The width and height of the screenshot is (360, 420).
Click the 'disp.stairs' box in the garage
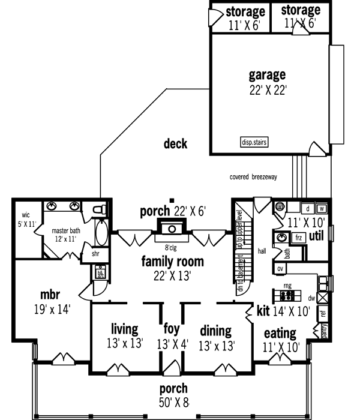coord(254,142)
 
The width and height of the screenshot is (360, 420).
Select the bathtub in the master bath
coord(101,233)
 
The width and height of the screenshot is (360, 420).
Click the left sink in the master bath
coord(53,207)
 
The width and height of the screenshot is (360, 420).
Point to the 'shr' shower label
coord(95,254)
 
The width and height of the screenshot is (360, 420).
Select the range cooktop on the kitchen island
coord(287,296)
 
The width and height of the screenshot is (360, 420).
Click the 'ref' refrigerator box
coord(322,313)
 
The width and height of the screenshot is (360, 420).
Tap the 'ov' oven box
coord(280,268)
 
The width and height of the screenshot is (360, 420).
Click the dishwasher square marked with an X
coord(322,296)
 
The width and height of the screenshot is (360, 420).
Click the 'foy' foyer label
coord(172,329)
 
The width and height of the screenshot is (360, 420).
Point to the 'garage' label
coord(267,76)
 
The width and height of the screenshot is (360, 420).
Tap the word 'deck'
coord(175,144)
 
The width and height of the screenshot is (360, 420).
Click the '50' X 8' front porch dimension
coord(173,401)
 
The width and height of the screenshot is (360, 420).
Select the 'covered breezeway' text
coord(253,177)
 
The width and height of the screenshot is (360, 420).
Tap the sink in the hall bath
coord(282,238)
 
